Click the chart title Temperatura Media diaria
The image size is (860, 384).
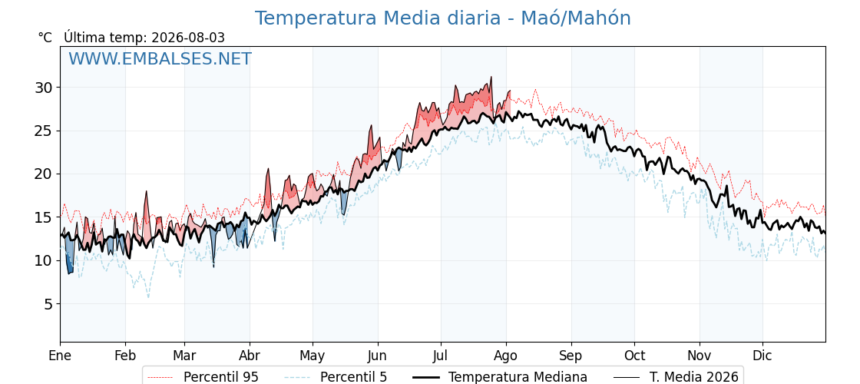point(378,18)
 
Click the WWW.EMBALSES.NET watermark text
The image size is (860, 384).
point(160,58)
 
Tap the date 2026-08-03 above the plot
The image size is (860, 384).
point(188,38)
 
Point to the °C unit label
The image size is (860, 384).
point(45,38)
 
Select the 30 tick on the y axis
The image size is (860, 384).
point(46,88)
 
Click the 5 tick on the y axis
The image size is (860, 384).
point(51,304)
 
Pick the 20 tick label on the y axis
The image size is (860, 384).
point(46,174)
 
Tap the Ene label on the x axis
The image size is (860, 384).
point(60,356)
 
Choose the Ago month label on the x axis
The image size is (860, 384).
point(506,356)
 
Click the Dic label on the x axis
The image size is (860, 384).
point(762,356)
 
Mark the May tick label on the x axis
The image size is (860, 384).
point(313,356)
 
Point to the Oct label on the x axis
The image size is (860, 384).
point(634,356)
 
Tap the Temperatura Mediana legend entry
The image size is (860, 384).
point(500,377)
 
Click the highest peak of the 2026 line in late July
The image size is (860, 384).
point(491,77)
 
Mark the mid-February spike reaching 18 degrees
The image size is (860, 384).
point(147,191)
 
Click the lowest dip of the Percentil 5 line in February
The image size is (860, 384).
point(148,297)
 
